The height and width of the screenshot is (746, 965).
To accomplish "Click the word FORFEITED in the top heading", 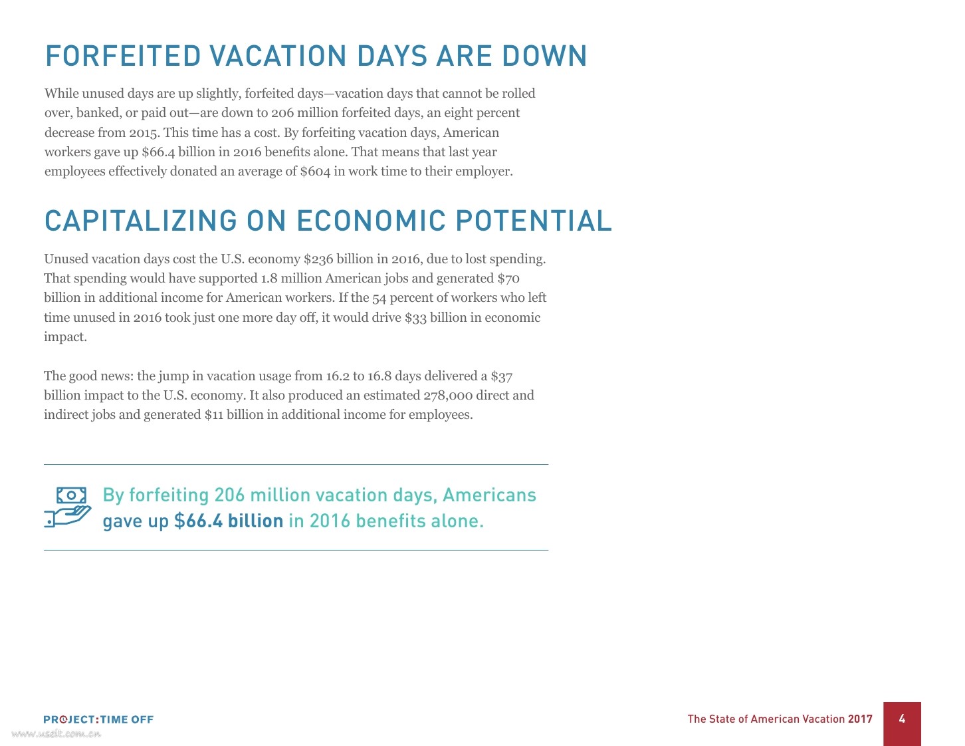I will [x=123, y=57].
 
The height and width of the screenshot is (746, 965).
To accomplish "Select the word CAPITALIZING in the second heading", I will [x=140, y=221].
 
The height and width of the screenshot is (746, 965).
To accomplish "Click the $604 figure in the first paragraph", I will [x=315, y=172].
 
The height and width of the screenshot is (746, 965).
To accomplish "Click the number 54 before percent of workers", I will [x=379, y=298].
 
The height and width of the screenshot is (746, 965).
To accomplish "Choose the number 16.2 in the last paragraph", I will [x=337, y=376].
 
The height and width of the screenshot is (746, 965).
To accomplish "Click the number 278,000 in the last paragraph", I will [x=448, y=396].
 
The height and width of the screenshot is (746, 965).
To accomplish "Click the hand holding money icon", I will [x=68, y=507].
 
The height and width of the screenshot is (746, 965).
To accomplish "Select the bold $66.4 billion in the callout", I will [x=229, y=521].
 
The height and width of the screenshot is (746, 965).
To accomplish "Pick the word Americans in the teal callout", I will [x=489, y=495].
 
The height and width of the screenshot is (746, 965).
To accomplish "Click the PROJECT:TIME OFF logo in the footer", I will [x=98, y=719].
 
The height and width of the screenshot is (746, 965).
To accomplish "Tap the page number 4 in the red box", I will [x=902, y=719].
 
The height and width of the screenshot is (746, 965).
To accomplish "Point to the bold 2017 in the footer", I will [x=860, y=719].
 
